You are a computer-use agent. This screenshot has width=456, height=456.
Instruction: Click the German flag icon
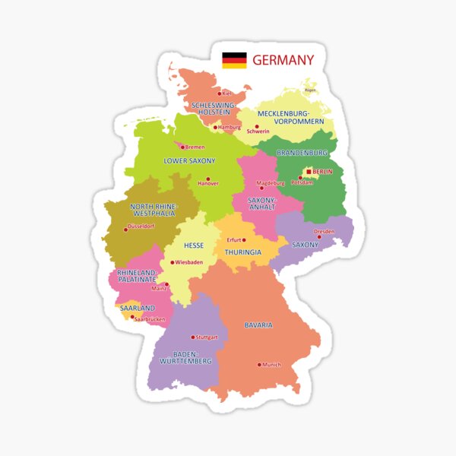click(x=234, y=60)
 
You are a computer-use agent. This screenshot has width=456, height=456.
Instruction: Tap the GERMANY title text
click(x=283, y=60)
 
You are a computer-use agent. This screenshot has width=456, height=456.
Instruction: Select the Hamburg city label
click(x=229, y=128)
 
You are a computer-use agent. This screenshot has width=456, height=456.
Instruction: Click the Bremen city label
click(x=195, y=147)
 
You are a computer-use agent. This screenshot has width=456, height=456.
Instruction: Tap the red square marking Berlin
click(x=309, y=172)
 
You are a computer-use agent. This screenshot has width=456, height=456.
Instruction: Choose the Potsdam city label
click(x=302, y=183)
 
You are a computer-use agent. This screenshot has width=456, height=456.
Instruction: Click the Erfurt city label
click(x=234, y=240)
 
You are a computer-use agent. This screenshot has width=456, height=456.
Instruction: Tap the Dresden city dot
click(x=319, y=236)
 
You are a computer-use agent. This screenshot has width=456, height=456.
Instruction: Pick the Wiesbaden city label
click(x=189, y=263)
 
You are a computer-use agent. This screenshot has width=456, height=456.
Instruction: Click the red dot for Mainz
click(x=166, y=284)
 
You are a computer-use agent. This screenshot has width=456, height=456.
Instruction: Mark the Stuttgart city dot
click(x=193, y=337)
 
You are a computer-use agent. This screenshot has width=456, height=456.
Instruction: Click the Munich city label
click(x=271, y=365)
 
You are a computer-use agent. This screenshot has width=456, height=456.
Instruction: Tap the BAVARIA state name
click(x=258, y=325)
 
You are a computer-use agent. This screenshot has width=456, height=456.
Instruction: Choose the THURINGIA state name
click(x=243, y=252)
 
